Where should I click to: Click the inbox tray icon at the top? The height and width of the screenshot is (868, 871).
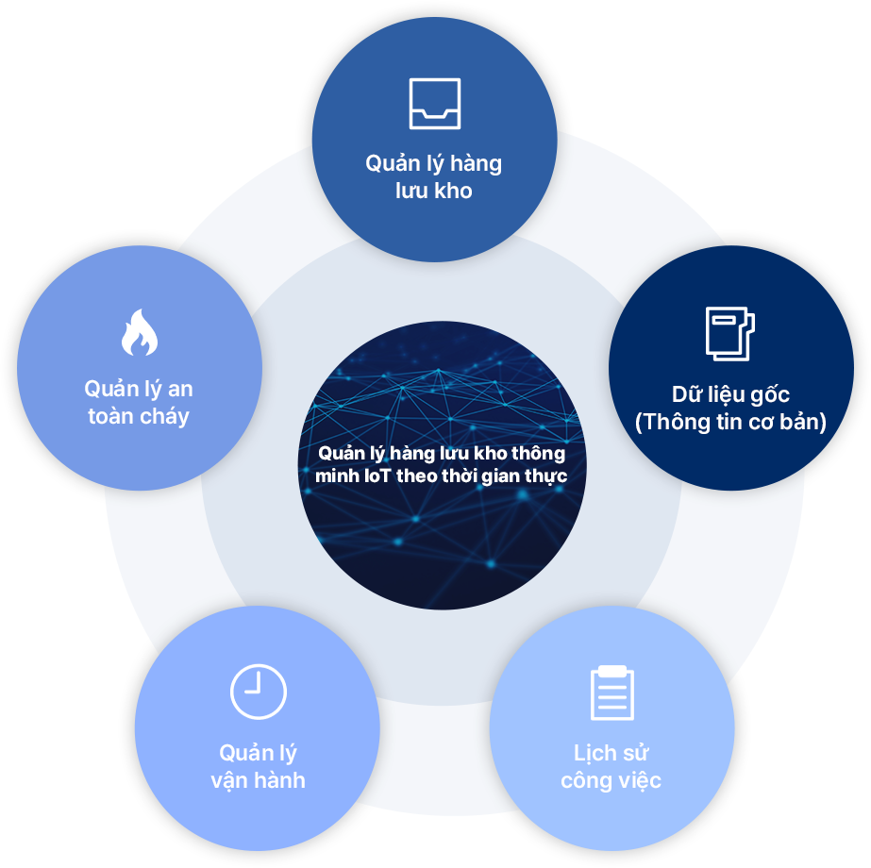[434, 103]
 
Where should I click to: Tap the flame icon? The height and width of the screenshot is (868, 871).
[139, 332]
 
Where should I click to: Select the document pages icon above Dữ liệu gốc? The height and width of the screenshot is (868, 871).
[729, 333]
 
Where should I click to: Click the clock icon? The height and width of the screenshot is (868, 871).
[258, 692]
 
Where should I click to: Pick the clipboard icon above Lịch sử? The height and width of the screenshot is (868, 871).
[611, 693]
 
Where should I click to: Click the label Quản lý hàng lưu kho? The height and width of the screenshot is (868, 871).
[434, 176]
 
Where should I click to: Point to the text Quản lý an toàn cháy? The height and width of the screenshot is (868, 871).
[139, 402]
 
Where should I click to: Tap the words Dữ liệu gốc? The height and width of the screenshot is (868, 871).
[730, 394]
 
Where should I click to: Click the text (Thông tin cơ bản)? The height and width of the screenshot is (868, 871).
[730, 422]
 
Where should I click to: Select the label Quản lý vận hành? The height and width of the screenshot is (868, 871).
[258, 766]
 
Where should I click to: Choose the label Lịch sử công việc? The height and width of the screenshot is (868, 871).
[611, 766]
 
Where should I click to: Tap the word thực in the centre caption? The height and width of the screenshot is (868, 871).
[547, 476]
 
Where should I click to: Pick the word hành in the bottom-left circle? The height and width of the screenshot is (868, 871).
[278, 780]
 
